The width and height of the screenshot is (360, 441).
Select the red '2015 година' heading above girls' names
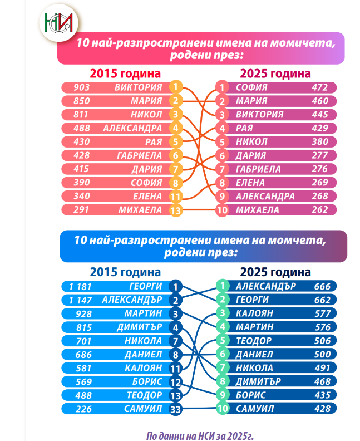(x=125, y=73)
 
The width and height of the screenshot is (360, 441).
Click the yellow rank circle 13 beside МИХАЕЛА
(x=175, y=210)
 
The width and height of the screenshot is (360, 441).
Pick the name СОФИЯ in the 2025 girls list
(x=251, y=87)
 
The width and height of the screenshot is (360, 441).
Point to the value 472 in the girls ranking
(x=319, y=87)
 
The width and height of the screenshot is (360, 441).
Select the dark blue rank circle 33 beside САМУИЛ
(x=175, y=409)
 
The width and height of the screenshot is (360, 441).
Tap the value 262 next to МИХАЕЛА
(x=319, y=210)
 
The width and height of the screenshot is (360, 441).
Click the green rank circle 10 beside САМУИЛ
(x=221, y=409)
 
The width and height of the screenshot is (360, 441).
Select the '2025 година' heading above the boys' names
(x=275, y=272)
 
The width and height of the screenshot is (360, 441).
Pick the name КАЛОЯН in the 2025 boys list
(x=253, y=313)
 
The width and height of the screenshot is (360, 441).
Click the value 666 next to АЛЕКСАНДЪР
(x=322, y=286)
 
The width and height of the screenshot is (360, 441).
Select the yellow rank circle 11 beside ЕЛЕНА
(x=175, y=196)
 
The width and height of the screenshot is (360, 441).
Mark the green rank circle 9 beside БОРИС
(x=221, y=395)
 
